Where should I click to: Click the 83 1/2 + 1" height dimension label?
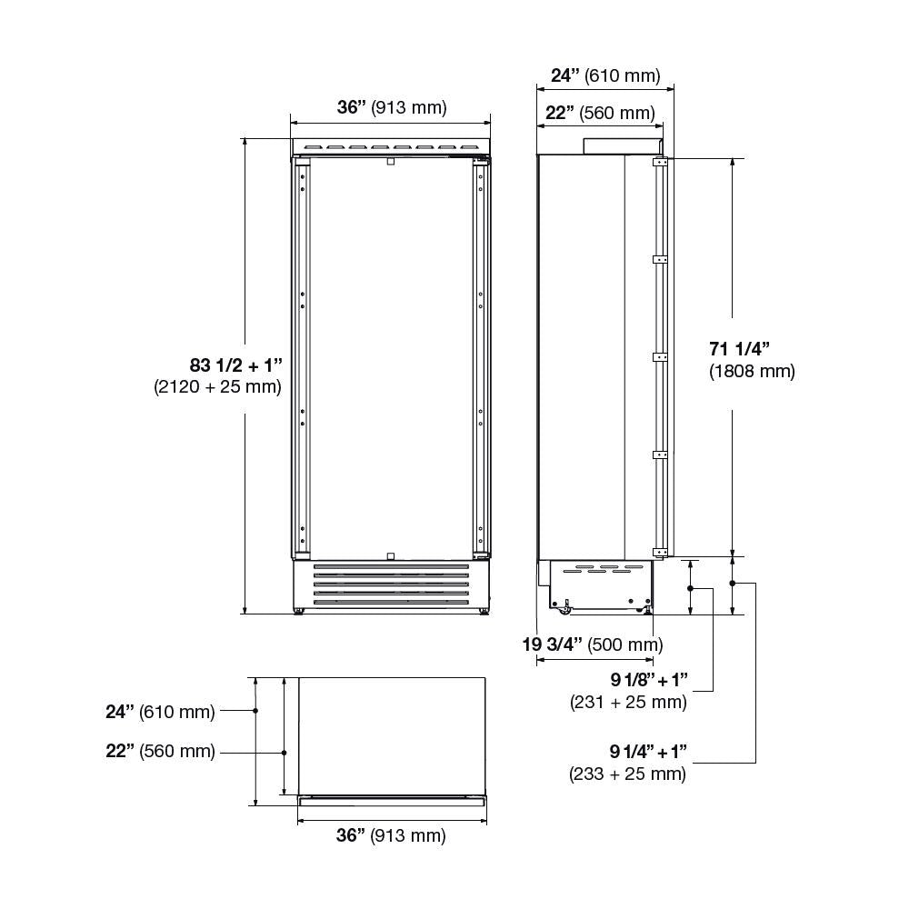pos(235,365)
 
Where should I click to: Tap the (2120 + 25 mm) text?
pos(217,386)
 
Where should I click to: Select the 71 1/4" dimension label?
pos(739,348)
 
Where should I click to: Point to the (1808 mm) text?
pos(752,371)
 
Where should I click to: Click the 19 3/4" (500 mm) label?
pos(593,644)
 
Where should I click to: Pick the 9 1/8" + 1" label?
pos(649,679)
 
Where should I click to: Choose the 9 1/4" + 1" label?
pos(648,752)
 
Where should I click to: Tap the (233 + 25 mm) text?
pos(627,774)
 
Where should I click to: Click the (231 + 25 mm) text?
pos(628,702)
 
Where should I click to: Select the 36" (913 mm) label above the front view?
pos(392,107)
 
